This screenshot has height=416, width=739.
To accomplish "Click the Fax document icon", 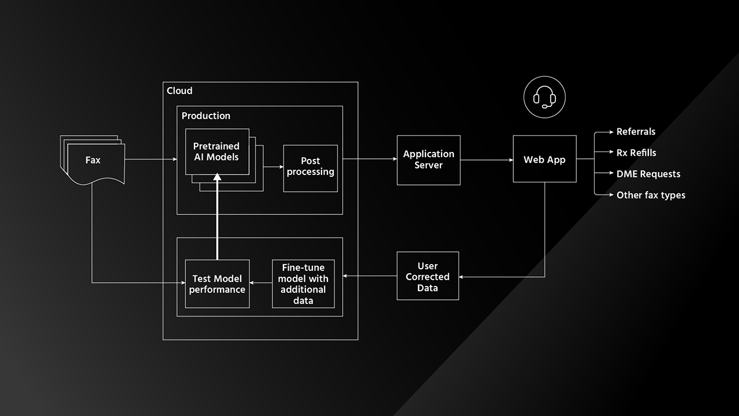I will (93, 160).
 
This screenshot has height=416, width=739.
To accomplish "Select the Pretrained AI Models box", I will (217, 151).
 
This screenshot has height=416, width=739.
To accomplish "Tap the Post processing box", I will (310, 167).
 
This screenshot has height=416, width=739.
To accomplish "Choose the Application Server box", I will (428, 160).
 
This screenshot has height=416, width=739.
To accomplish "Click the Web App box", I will (544, 159).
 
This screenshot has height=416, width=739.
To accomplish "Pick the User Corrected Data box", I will (428, 276).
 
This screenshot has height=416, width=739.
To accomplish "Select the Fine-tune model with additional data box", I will (303, 284).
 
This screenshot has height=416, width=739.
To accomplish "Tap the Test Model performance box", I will (217, 284).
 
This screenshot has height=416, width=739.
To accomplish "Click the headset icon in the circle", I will (544, 98).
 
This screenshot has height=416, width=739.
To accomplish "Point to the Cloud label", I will (180, 91).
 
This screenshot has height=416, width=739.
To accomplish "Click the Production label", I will (206, 116).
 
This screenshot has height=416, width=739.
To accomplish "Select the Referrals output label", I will (636, 132).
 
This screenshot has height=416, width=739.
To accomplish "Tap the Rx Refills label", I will (636, 153).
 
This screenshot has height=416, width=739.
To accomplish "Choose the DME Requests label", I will (648, 174).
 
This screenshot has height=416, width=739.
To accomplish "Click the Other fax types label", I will (651, 195).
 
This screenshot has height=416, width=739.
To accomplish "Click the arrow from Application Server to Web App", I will (487, 160).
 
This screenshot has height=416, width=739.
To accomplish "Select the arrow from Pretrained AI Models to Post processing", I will (273, 168).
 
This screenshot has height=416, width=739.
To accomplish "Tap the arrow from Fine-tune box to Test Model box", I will (261, 284).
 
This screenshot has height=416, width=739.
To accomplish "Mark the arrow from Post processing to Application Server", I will (369, 159).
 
